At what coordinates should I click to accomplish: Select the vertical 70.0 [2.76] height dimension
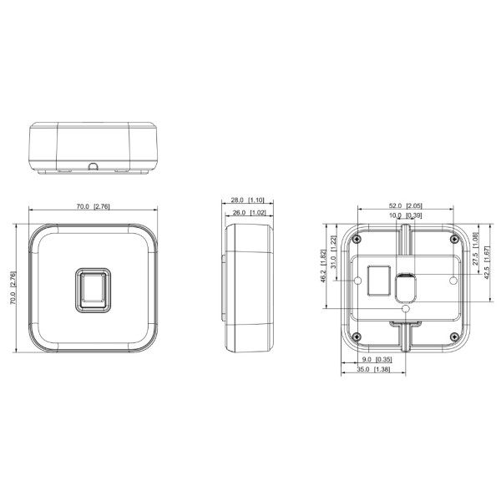(13, 289)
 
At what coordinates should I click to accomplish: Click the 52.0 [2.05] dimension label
(405, 206)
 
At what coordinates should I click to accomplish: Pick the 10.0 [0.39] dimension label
(405, 215)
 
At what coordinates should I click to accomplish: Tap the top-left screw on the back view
(357, 240)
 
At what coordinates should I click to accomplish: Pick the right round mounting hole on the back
(453, 281)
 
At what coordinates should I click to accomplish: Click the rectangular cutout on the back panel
(378, 279)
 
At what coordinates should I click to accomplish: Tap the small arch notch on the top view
(93, 166)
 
